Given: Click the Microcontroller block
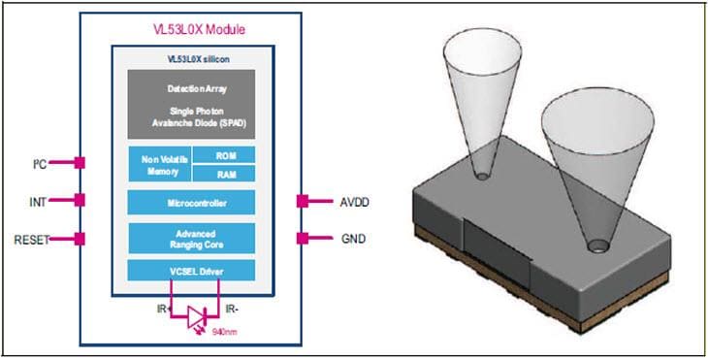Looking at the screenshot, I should pyautogui.click(x=191, y=203).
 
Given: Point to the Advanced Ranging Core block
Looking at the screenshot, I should pyautogui.click(x=191, y=238).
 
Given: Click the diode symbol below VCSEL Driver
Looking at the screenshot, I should pyautogui.click(x=197, y=315).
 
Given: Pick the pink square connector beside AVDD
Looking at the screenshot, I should pyautogui.click(x=303, y=202).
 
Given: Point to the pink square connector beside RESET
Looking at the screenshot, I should pyautogui.click(x=80, y=238).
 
